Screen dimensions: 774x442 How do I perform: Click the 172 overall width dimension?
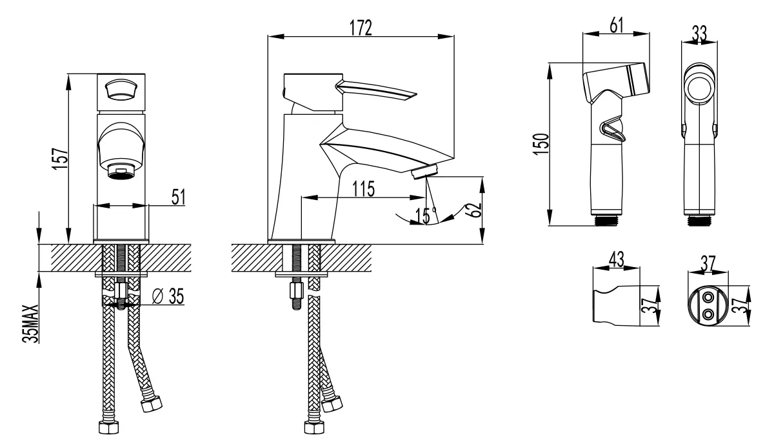coord(361,28)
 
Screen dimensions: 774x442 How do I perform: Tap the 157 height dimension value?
coord(60,159)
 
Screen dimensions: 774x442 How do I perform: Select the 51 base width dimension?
coord(178,197)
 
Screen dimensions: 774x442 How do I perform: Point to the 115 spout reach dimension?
coord(363,188)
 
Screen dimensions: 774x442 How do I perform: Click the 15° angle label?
coord(426,216)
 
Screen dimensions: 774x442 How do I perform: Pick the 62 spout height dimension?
coord(475,210)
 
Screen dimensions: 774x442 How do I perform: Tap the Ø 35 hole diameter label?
coord(168,296)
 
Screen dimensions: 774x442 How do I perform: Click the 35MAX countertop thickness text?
coord(30,323)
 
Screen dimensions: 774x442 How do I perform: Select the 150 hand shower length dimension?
coord(541,144)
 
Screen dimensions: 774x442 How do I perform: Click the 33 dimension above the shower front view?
coord(699,34)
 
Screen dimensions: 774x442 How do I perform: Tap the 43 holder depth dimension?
coord(616,259)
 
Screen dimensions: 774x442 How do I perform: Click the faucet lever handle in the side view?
coord(376,91)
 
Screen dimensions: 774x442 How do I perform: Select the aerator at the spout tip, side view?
coord(425,172)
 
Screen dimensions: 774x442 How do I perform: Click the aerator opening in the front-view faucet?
coord(121,172)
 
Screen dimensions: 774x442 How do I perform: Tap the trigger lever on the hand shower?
coord(613,131)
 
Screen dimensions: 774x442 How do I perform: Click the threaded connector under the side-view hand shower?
coord(606,221)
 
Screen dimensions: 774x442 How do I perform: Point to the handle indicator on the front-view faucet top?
coord(121,90)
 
